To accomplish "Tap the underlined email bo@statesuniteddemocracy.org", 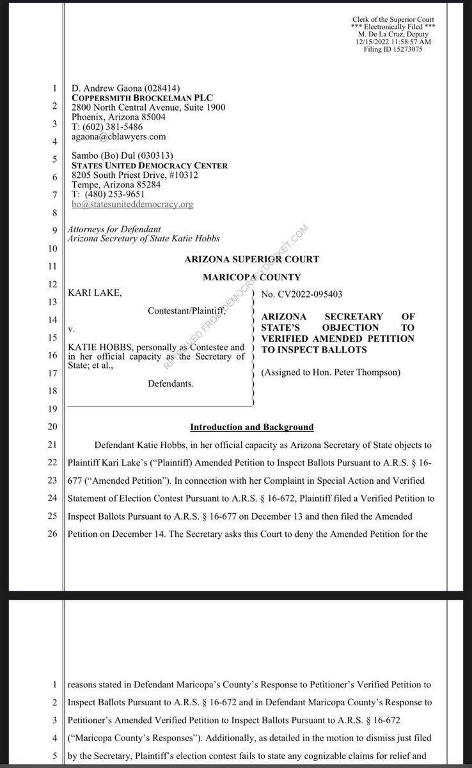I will tap(130, 204).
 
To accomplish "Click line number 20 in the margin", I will tap(53, 426).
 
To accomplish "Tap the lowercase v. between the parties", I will tap(70, 333).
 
